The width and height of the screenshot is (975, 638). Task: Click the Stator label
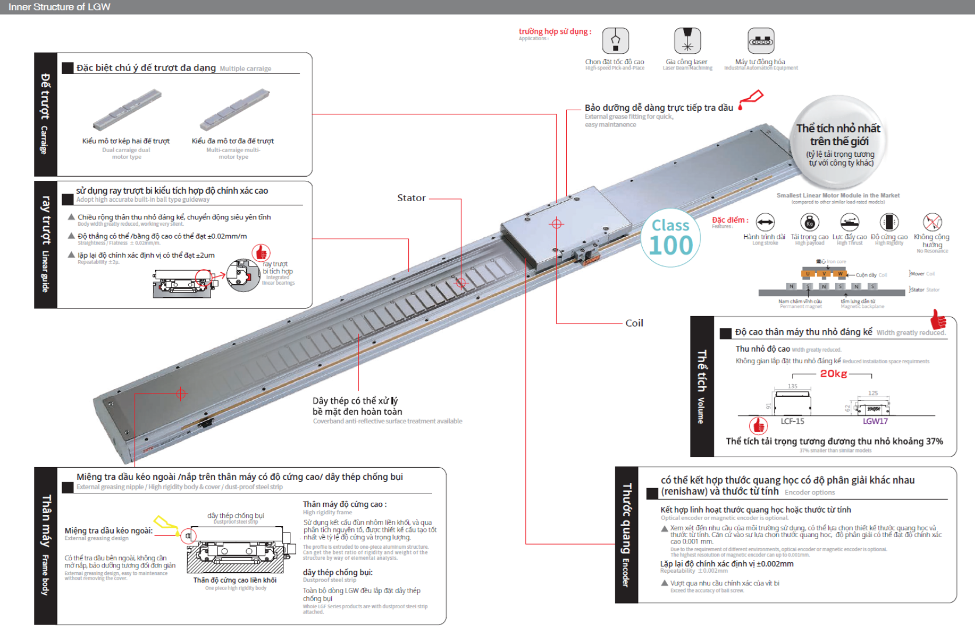[x=411, y=198]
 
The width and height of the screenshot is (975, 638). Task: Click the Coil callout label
[x=634, y=323]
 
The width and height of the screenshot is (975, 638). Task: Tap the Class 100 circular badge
[x=671, y=238]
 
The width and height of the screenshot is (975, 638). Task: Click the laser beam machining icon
[x=687, y=41]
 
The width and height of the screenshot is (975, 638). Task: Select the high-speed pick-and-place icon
[x=615, y=41]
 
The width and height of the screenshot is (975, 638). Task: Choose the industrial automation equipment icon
[x=761, y=41]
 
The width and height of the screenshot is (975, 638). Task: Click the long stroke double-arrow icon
[x=765, y=222]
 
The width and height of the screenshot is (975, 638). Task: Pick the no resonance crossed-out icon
[x=932, y=222]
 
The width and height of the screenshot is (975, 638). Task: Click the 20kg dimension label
[x=833, y=374]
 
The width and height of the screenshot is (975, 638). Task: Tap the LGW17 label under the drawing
[x=875, y=421]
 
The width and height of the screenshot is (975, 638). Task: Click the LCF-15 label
[x=792, y=421]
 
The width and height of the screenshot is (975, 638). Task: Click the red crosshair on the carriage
[x=556, y=223]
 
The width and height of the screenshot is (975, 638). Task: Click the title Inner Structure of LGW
[x=59, y=7]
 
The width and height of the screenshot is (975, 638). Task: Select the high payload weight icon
[x=809, y=222]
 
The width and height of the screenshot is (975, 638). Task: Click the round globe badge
[x=840, y=143]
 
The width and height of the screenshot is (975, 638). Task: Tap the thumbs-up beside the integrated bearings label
[x=261, y=252]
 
